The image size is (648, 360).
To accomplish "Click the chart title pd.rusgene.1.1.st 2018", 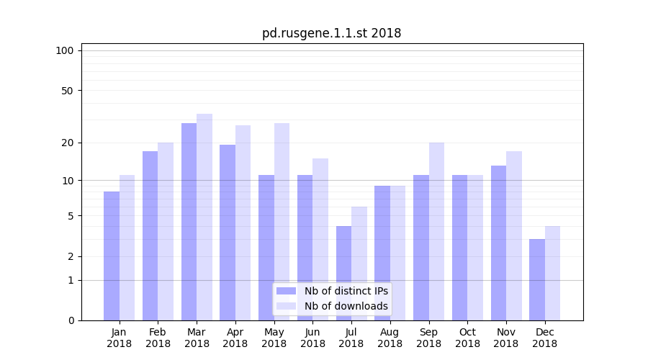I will [x=331, y=33].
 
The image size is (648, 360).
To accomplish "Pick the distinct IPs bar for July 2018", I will [x=343, y=274].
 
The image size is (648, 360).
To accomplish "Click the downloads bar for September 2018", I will [x=436, y=231].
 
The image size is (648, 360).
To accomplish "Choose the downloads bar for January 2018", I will [x=127, y=248].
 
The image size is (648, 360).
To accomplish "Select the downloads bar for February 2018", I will [x=166, y=231].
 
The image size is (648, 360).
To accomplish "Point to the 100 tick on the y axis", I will [x=65, y=50].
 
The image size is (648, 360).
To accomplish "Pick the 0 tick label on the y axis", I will [x=71, y=320].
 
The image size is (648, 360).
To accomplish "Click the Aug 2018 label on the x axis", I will [x=390, y=338].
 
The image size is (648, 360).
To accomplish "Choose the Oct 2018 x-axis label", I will [x=467, y=338].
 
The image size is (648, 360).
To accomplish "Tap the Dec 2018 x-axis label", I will [x=544, y=338].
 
